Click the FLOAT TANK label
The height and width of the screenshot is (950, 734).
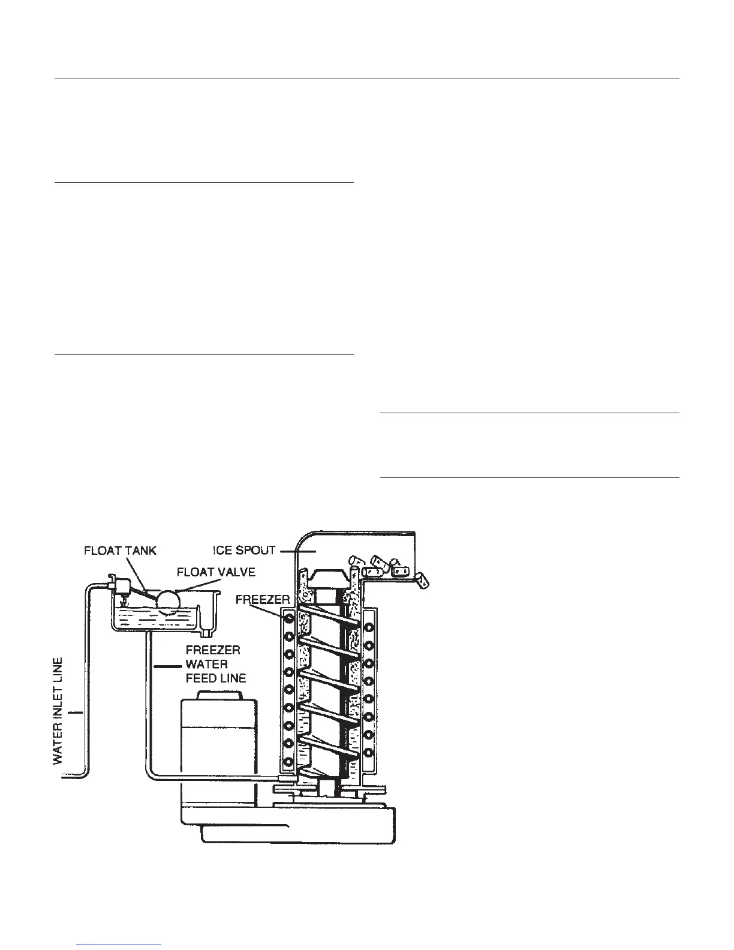pyautogui.click(x=120, y=551)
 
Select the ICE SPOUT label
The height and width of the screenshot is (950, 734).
pyautogui.click(x=244, y=551)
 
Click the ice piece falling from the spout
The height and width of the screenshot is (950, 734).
pyautogui.click(x=423, y=580)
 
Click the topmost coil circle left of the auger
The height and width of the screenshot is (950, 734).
pyautogui.click(x=289, y=618)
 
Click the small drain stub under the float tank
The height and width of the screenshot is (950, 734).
pyautogui.click(x=207, y=633)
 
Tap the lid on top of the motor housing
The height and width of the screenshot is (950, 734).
pyautogui.click(x=219, y=695)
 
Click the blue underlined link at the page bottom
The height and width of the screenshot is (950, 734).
pyautogui.click(x=121, y=946)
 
